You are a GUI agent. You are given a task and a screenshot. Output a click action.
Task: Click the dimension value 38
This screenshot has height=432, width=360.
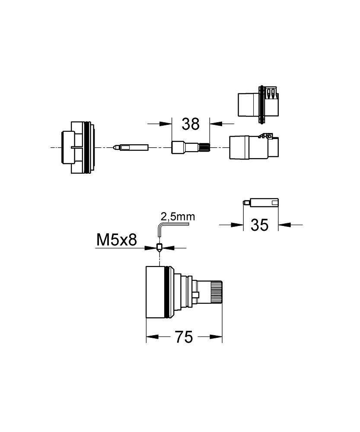(x=191, y=124)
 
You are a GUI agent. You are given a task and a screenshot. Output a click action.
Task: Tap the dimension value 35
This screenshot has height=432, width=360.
(x=259, y=225)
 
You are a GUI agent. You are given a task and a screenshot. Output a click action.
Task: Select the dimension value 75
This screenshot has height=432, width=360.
(x=184, y=337)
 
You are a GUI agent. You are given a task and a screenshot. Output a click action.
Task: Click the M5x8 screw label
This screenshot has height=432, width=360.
(x=117, y=240)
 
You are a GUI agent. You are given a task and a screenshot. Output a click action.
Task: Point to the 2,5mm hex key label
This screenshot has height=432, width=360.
(x=178, y=217)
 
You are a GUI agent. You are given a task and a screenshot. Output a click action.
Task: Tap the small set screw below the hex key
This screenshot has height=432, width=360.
(x=159, y=248)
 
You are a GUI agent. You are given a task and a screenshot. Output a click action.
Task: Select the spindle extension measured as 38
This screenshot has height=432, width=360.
(x=191, y=147)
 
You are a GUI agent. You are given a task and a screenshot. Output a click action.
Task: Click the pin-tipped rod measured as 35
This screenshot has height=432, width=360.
(x=261, y=202)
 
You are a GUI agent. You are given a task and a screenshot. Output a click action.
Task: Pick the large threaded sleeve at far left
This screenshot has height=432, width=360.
(x=78, y=147)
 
